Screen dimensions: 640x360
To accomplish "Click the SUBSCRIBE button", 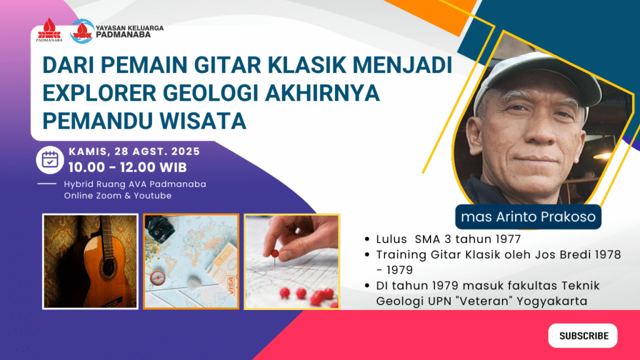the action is click(x=582, y=336).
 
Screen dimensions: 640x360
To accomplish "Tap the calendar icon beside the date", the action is click(x=50, y=159).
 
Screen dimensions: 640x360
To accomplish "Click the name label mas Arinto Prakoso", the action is click(x=528, y=217).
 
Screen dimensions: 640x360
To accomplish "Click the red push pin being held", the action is click(x=275, y=255).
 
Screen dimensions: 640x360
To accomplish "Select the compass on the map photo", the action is click(x=157, y=278).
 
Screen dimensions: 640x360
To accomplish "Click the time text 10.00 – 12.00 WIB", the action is click(x=127, y=167).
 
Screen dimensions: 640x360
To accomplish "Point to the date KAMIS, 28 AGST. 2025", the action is click(x=134, y=151).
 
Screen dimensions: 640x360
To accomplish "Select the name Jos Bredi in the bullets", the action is click(x=563, y=255).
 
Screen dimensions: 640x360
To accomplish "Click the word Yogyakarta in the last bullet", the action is click(x=552, y=302).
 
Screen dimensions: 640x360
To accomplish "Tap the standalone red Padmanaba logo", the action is click(x=49, y=30).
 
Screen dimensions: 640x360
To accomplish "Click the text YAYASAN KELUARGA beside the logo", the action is click(x=129, y=28).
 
